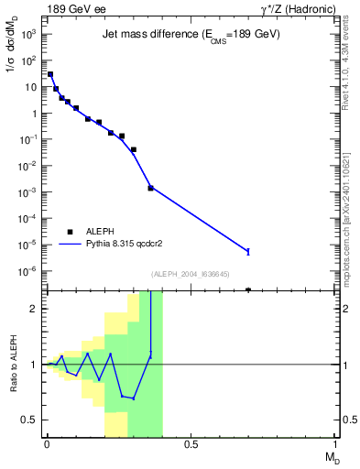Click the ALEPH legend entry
coord(82,232)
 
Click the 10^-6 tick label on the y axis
coord(27,271)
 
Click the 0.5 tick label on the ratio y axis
coord(30,420)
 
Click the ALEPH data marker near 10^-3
coord(150,188)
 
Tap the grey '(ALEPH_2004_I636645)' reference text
coord(191,274)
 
